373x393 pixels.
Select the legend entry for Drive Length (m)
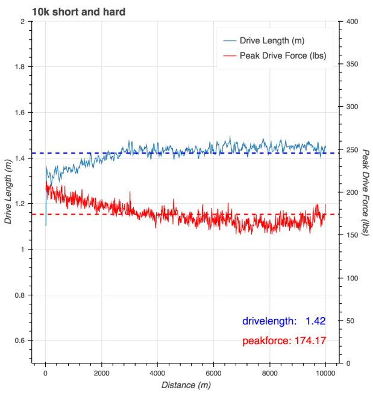272,41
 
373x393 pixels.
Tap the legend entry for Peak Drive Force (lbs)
283,56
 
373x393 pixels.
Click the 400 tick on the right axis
349,22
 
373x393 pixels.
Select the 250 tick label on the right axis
349,150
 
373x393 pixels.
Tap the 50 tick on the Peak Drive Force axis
347,321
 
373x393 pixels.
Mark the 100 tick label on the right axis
349,278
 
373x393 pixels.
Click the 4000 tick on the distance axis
157,373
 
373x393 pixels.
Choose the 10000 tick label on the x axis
325,373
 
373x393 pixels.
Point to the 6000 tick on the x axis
213,373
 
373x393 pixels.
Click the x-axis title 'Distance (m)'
186,385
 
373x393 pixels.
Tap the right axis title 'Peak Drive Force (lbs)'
365,193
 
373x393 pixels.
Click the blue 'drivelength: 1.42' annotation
284,321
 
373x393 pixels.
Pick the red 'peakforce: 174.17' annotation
284,341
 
